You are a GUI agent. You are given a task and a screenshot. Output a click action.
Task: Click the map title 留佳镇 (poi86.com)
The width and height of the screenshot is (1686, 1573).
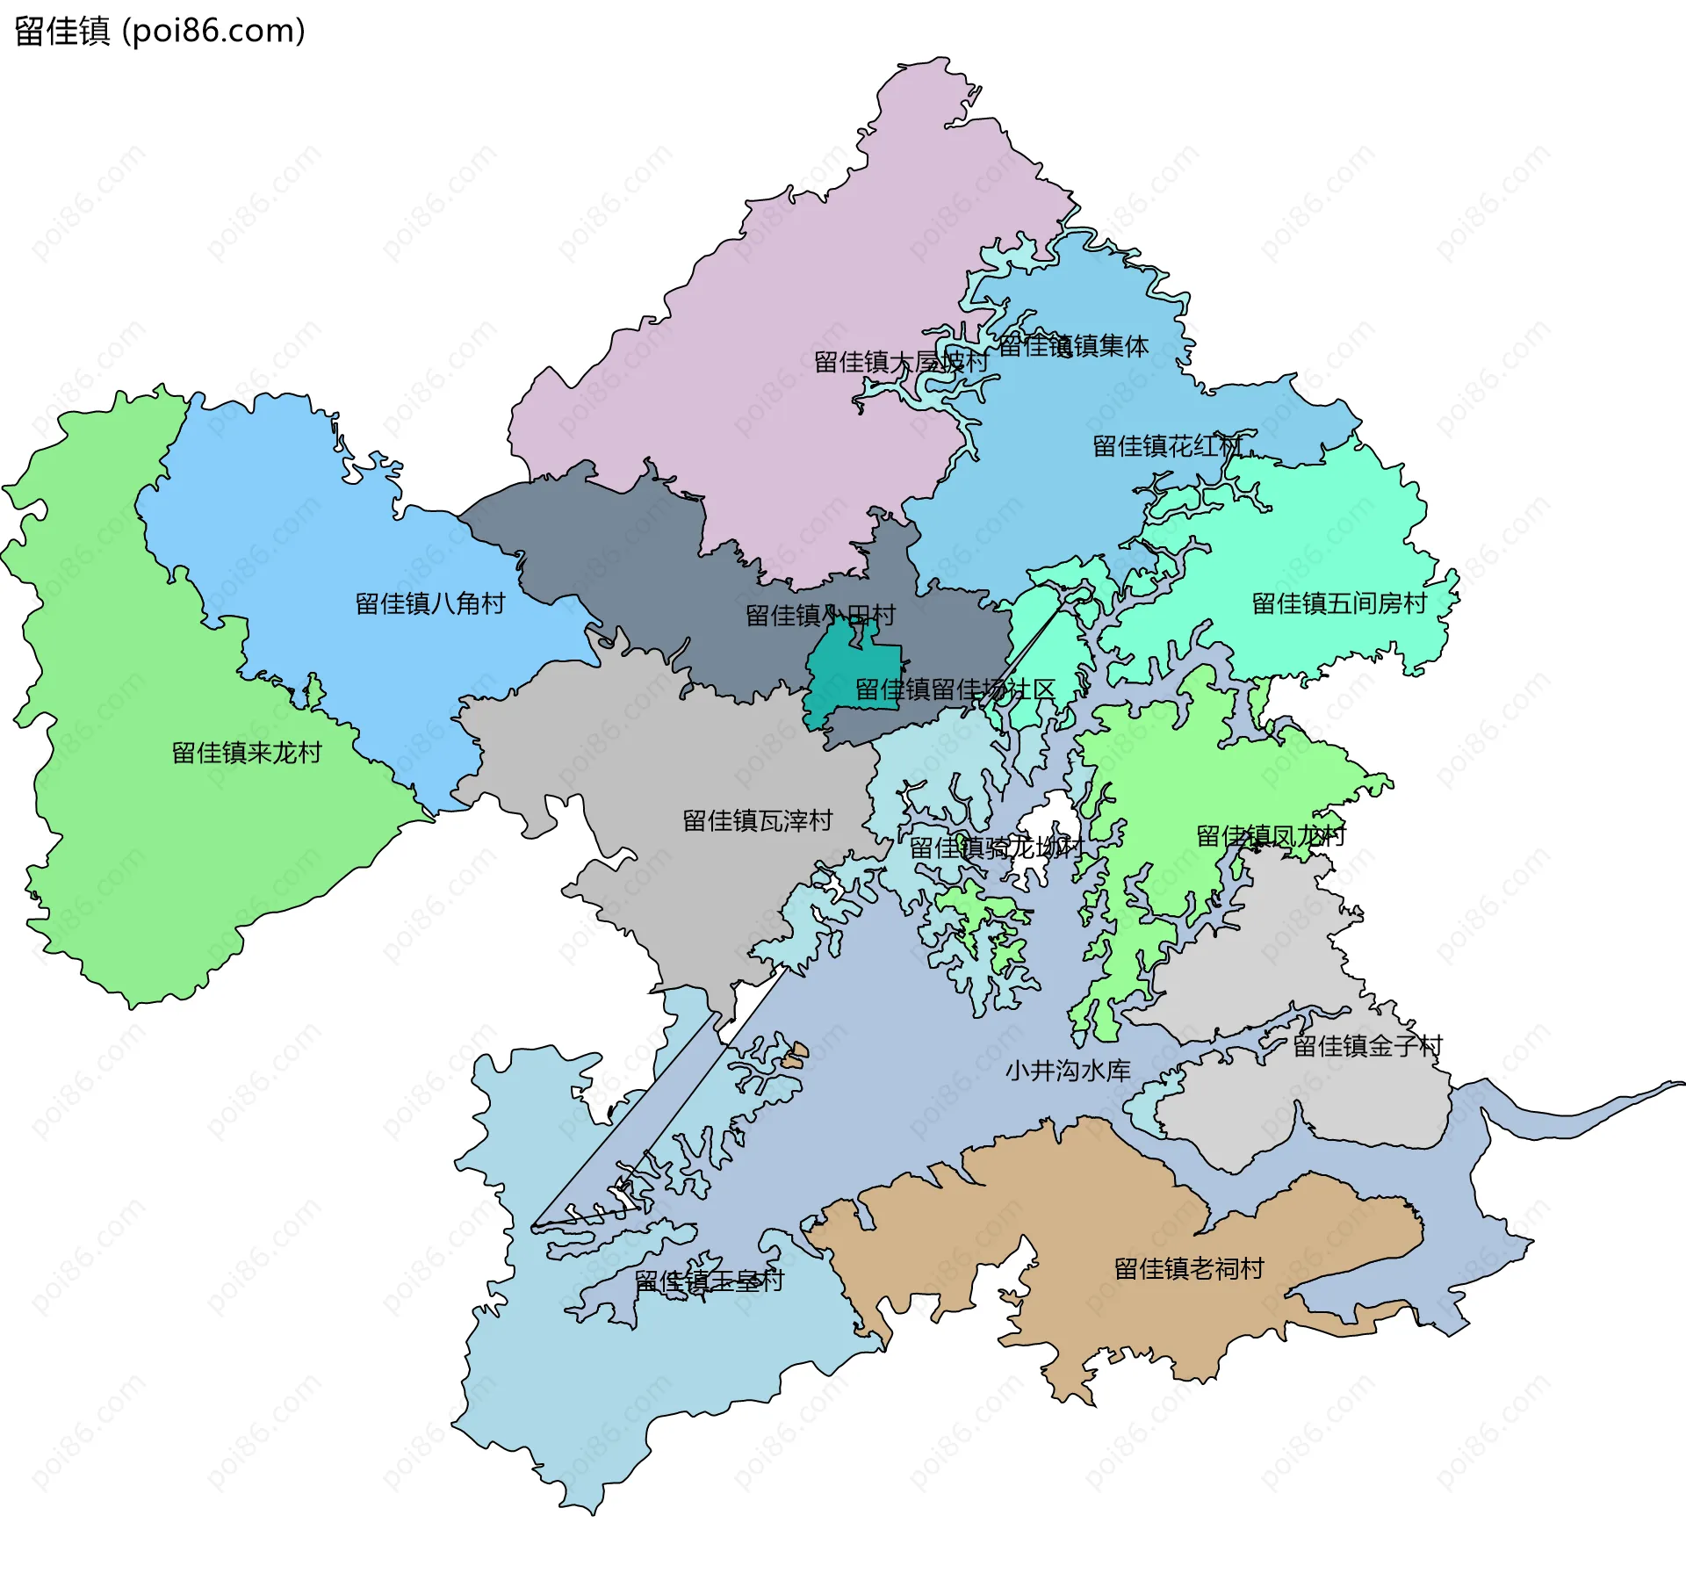(x=160, y=31)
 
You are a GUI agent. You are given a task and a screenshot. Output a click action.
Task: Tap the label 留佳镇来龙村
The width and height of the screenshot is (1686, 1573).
(x=247, y=753)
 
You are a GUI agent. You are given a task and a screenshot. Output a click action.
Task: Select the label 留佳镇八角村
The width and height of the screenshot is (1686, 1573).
(x=430, y=603)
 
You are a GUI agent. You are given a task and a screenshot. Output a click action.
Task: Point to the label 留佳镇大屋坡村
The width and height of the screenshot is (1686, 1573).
(x=901, y=362)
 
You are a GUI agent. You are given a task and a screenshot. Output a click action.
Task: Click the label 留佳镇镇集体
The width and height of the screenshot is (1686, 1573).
(x=1073, y=346)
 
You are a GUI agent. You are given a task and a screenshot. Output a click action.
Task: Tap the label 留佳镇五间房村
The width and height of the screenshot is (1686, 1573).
(x=1339, y=603)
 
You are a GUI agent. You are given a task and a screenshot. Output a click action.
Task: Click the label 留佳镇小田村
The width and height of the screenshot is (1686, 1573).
(x=820, y=615)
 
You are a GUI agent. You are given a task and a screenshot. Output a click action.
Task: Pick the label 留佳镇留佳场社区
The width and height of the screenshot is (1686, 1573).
(x=955, y=689)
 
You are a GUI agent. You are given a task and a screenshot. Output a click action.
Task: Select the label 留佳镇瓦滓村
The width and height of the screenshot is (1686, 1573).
(x=758, y=820)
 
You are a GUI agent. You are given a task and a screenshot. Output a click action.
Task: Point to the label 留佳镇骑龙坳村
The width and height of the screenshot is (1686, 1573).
(x=996, y=848)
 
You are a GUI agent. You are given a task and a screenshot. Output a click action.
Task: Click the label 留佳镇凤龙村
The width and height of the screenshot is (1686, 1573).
(x=1271, y=835)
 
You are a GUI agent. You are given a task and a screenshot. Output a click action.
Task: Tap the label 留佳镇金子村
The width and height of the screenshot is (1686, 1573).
(x=1367, y=1045)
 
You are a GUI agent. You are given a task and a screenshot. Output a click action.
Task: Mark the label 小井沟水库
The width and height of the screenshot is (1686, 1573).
(x=1068, y=1070)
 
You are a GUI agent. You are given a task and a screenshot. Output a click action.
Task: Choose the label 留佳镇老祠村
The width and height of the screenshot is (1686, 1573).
(x=1189, y=1268)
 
